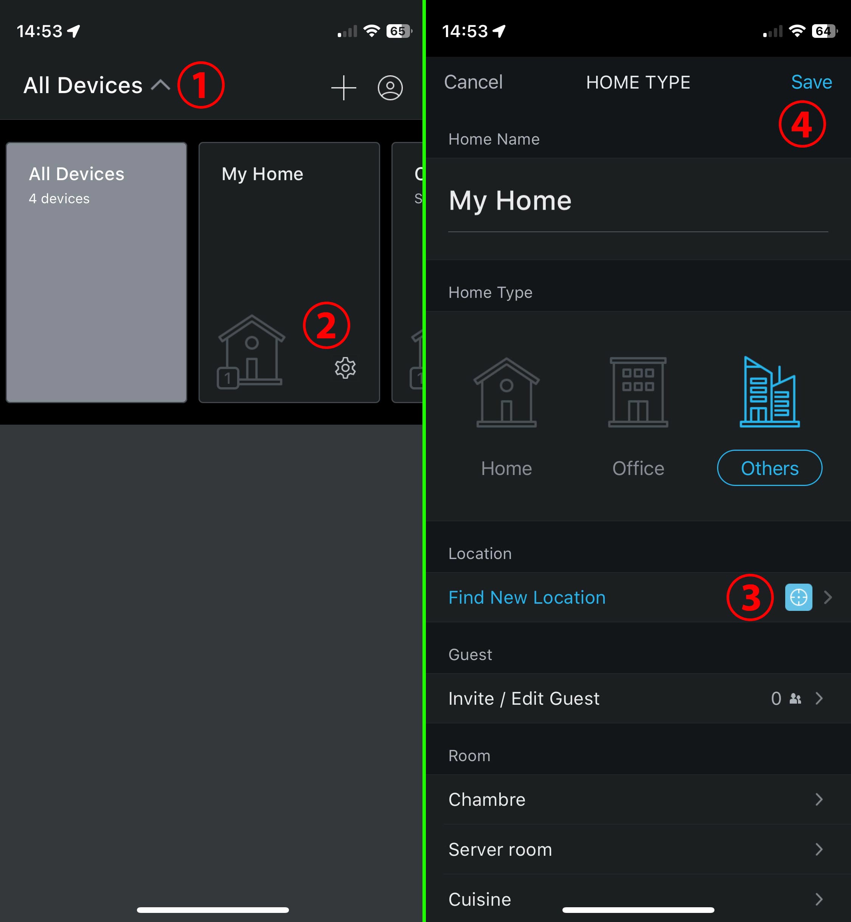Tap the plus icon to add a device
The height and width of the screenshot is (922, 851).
point(343,87)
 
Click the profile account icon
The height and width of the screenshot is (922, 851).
point(390,87)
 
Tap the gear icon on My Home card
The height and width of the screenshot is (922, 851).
point(345,368)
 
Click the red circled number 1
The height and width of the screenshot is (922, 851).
point(201,85)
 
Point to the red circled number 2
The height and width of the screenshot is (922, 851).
point(326,325)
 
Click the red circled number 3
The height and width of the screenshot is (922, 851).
point(750,598)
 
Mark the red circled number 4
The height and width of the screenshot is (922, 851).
point(802,124)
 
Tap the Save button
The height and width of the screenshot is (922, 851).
point(811,82)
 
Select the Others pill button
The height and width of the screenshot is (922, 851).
point(769,468)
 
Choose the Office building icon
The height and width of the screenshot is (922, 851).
point(638,392)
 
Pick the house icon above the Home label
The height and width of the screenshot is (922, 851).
point(506,392)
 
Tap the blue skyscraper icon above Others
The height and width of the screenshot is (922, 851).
point(769,392)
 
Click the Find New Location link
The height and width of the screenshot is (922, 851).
point(527,598)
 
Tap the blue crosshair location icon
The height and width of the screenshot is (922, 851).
point(798,598)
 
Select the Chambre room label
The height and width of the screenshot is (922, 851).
point(487,799)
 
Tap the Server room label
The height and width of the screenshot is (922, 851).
point(500,850)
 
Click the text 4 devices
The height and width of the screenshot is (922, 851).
point(59,199)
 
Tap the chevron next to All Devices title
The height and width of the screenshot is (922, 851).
point(161,85)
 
